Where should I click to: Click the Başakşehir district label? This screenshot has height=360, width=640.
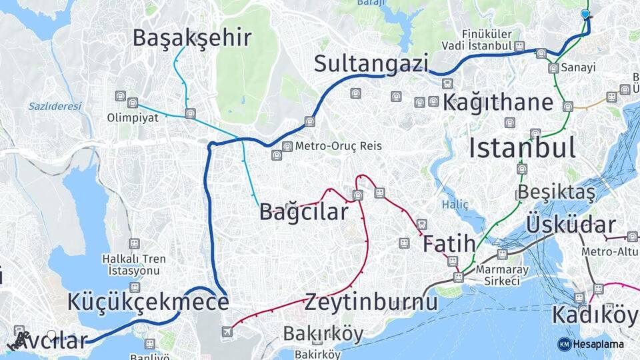pyautogui.click(x=192, y=37)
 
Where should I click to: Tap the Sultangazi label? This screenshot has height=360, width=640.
pyautogui.click(x=371, y=63)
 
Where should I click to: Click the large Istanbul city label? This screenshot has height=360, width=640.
pyautogui.click(x=522, y=147)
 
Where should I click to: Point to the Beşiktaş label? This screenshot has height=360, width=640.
pyautogui.click(x=556, y=192)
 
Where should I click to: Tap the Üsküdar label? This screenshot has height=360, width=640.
pyautogui.click(x=571, y=224)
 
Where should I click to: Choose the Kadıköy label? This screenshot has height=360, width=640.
pyautogui.click(x=594, y=314)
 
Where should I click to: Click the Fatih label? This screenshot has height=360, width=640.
pyautogui.click(x=449, y=243)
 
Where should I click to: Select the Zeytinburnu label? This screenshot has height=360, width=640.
pyautogui.click(x=371, y=301)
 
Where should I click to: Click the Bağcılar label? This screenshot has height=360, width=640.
pyautogui.click(x=303, y=212)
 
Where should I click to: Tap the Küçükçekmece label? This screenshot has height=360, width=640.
pyautogui.click(x=148, y=301)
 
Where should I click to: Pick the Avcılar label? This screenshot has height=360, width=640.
pyautogui.click(x=53, y=341)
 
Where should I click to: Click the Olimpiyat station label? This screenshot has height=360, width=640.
pyautogui.click(x=133, y=118)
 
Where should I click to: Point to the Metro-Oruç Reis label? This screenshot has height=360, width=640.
pyautogui.click(x=339, y=145)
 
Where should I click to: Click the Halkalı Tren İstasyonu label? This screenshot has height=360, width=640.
pyautogui.click(x=132, y=265)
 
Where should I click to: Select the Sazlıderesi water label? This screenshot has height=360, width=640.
pyautogui.click(x=55, y=106)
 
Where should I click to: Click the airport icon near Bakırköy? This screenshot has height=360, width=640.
pyautogui.click(x=228, y=331)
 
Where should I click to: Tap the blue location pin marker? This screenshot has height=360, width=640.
pyautogui.click(x=585, y=14)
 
